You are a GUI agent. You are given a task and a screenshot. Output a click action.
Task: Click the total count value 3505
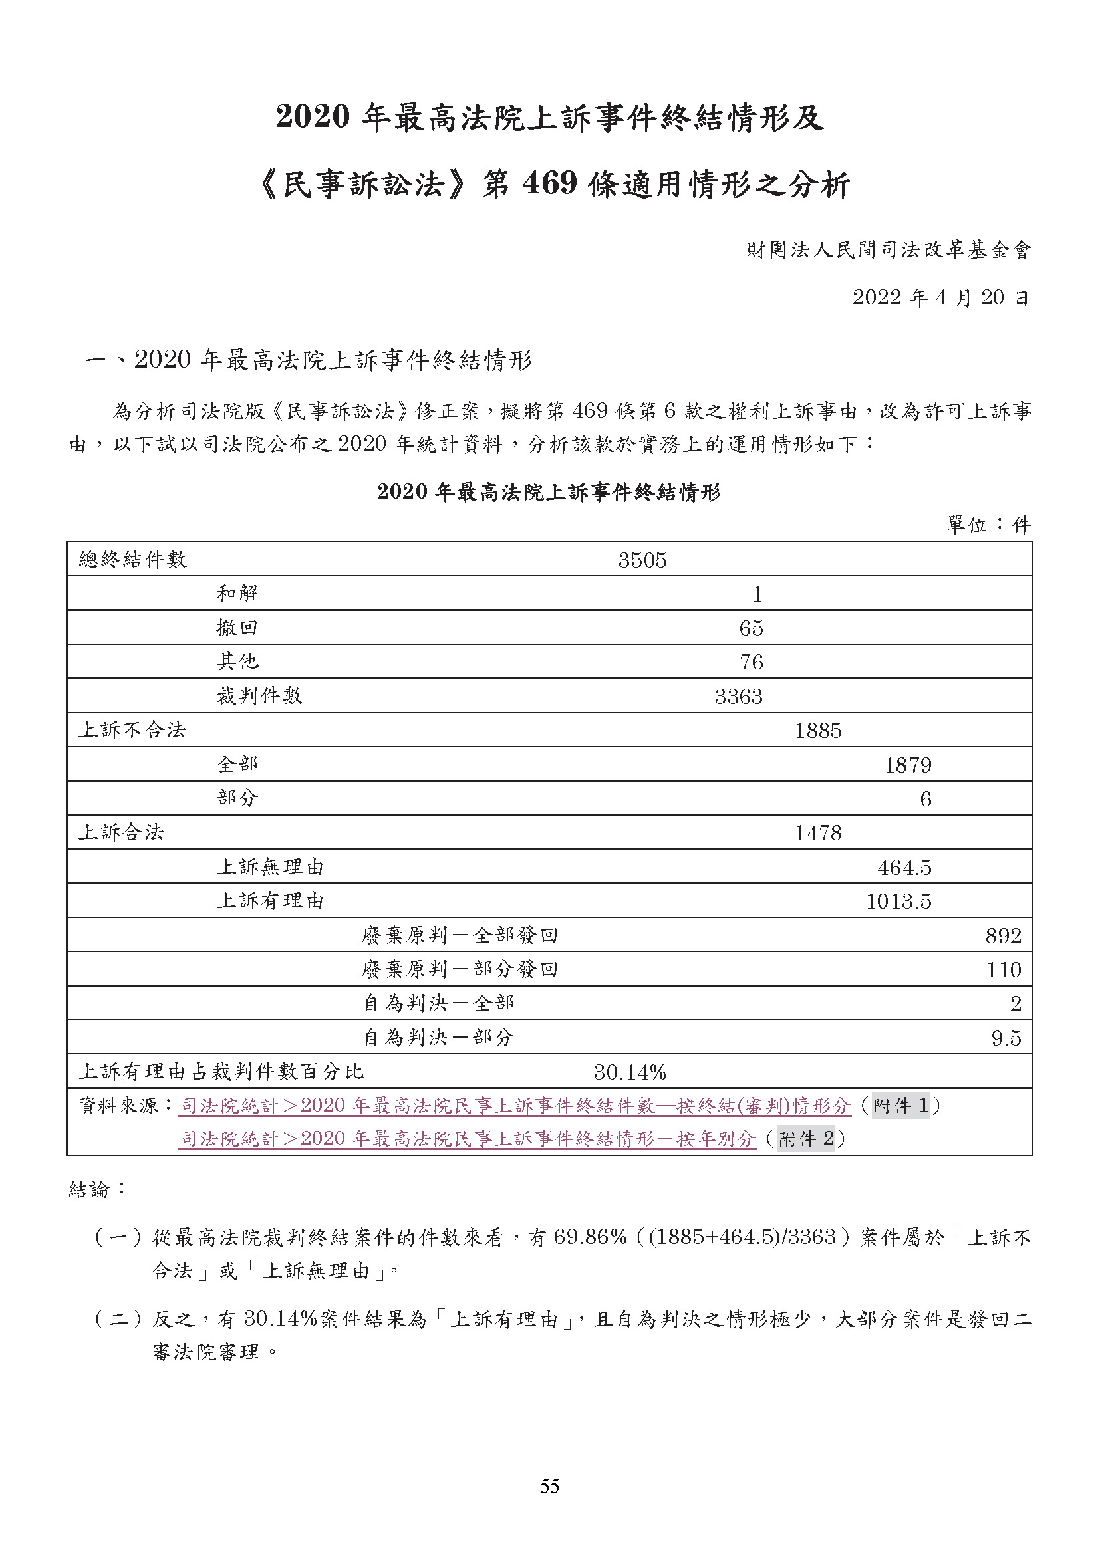[x=642, y=560]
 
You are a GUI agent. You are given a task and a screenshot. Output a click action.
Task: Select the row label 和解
[x=237, y=594]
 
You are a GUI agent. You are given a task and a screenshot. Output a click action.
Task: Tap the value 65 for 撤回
[x=750, y=628]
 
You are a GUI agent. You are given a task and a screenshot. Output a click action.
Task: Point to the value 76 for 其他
[x=750, y=661]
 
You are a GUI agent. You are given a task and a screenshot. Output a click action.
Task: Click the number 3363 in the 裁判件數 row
[x=738, y=696]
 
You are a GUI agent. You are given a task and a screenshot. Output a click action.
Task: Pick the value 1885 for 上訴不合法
[x=817, y=730]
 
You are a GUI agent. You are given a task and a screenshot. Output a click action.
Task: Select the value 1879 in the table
[x=908, y=765]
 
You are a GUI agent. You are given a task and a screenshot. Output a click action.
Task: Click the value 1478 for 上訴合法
[x=817, y=832]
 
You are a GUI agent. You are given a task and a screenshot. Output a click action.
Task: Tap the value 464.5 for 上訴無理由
[x=904, y=867]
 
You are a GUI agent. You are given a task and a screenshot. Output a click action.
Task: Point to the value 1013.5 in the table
[x=898, y=901]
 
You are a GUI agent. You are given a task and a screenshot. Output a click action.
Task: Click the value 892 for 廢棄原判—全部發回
[x=1002, y=935]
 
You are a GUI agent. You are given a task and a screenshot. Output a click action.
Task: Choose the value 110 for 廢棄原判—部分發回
[x=1003, y=969]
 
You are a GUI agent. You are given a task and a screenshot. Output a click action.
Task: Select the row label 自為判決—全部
[x=438, y=1003]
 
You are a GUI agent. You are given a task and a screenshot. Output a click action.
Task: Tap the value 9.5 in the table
[x=1006, y=1038]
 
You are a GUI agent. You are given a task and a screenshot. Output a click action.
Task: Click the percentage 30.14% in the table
[x=630, y=1072]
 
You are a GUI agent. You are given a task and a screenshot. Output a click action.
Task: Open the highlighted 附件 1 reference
[x=900, y=1106]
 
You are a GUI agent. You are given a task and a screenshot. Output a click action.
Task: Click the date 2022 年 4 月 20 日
[x=940, y=297]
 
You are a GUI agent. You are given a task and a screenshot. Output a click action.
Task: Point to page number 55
[x=550, y=1486]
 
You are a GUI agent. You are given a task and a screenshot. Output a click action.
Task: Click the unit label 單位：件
[x=988, y=524]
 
